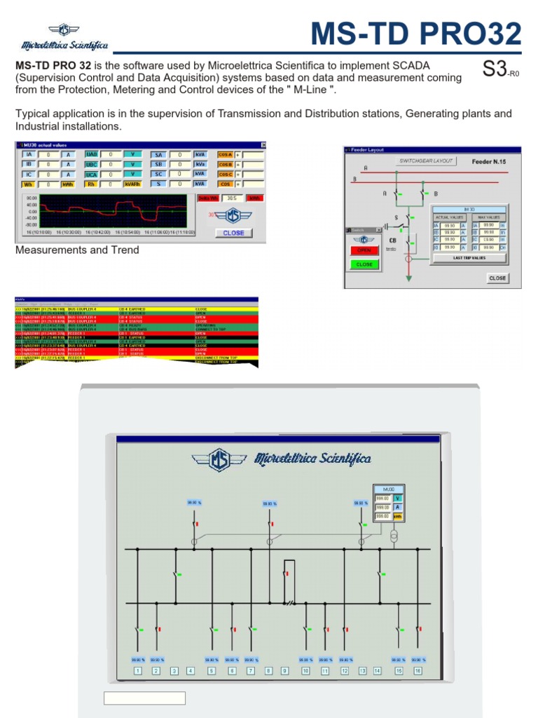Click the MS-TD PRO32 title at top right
(416, 34)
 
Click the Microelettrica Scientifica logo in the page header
(65, 38)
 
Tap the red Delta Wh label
(208, 198)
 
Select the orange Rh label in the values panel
(92, 184)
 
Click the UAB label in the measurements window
(92, 154)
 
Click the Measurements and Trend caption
(77, 250)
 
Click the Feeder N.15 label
(488, 161)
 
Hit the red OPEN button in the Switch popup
(364, 250)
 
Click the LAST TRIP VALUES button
(469, 258)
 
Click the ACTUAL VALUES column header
(450, 217)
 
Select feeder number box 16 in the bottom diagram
(418, 671)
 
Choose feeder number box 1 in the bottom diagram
(137, 671)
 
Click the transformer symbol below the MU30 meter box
(394, 536)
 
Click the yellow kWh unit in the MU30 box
(396, 516)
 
